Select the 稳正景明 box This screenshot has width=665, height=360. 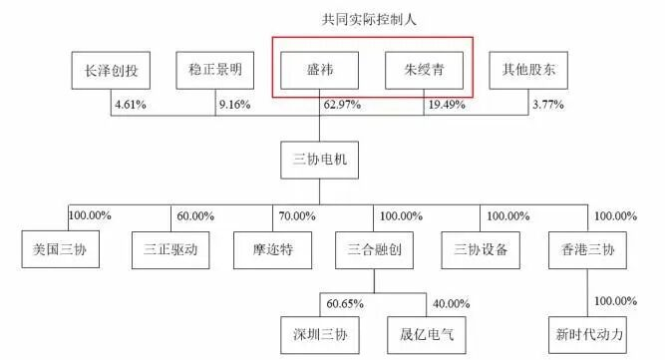click(215, 70)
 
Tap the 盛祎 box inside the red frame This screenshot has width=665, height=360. click(319, 70)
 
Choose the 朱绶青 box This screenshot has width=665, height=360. click(425, 70)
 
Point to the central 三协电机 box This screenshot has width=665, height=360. click(319, 160)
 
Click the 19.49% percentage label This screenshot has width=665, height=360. click(447, 104)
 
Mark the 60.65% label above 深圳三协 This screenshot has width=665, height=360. click(344, 303)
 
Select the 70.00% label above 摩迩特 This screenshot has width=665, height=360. click(295, 215)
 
